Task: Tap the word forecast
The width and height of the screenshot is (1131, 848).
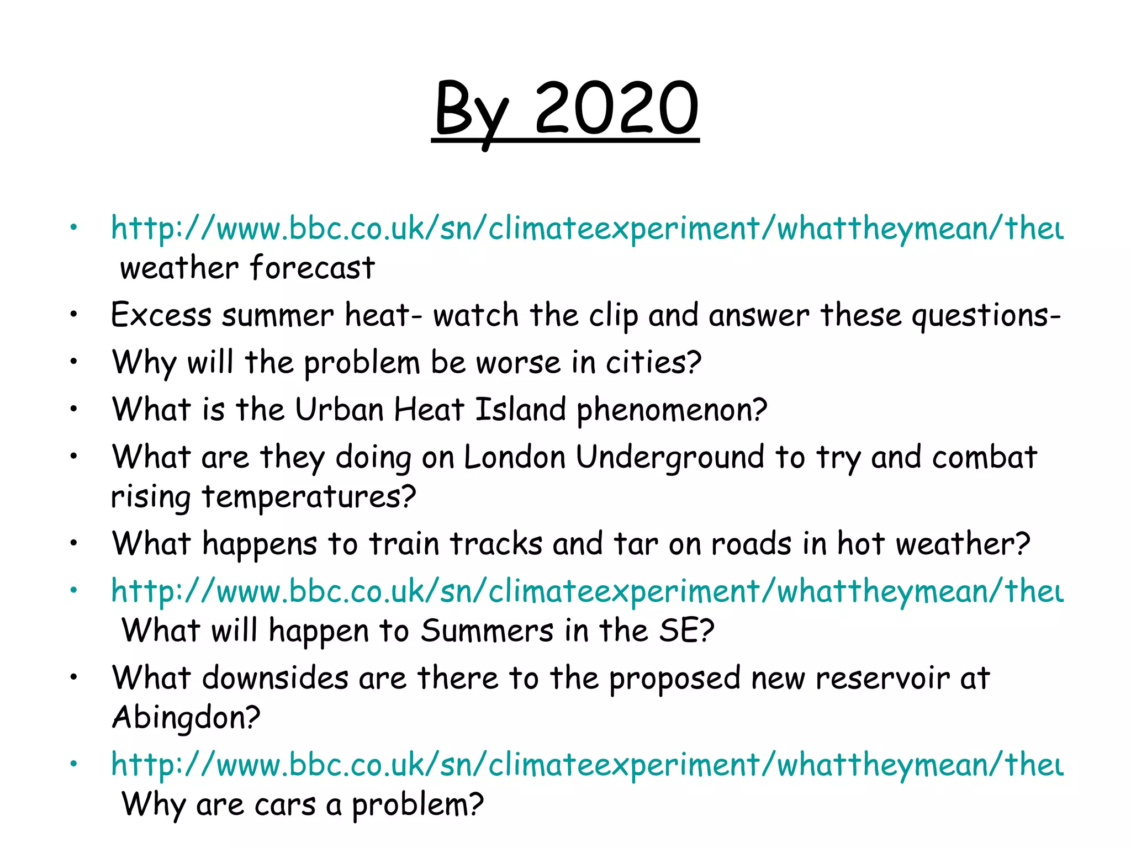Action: (x=313, y=268)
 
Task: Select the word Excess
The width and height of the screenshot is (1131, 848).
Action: (x=161, y=315)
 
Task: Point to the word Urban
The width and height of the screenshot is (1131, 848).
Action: (x=339, y=410)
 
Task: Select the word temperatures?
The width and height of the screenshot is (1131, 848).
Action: (x=309, y=497)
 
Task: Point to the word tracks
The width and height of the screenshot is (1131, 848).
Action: (x=496, y=544)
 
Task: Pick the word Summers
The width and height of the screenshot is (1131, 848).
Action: (x=487, y=630)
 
